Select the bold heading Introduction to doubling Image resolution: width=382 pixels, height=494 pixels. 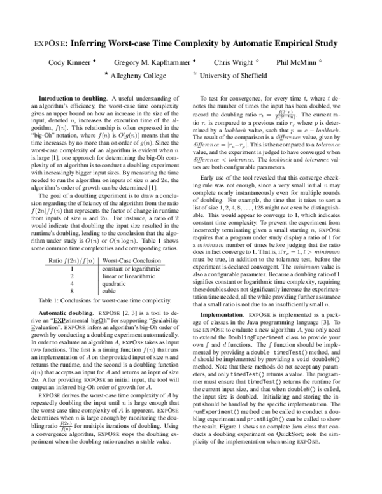point(74,99)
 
